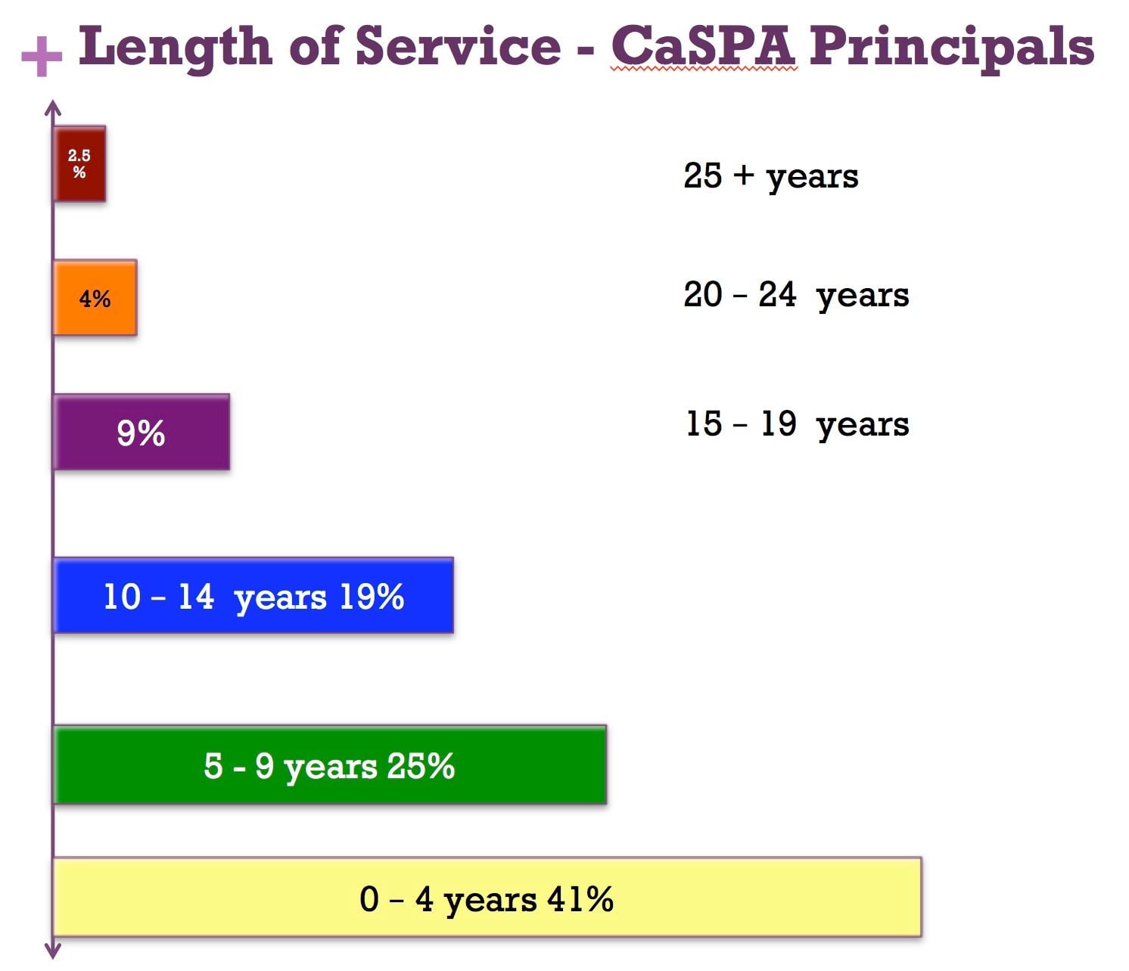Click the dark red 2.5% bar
[x=79, y=163]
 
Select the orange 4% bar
[x=95, y=298]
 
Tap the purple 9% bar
[x=142, y=433]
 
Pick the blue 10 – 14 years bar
[x=253, y=596]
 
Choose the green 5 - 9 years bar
[x=330, y=765]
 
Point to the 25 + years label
[x=770, y=176]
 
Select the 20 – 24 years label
[x=796, y=295]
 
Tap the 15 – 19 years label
[x=797, y=424]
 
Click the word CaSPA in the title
[x=703, y=47]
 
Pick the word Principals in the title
[x=952, y=47]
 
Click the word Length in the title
[x=175, y=47]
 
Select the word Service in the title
[x=459, y=47]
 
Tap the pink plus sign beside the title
[x=42, y=56]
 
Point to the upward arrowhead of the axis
[x=53, y=108]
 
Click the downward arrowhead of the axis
[x=53, y=951]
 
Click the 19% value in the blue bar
[x=371, y=597]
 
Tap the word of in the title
[x=315, y=47]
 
